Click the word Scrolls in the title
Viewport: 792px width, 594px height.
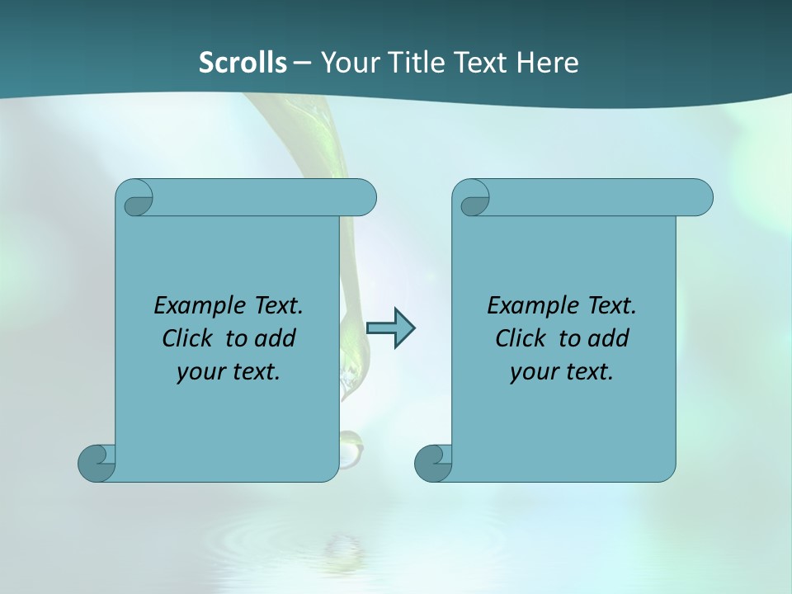pyautogui.click(x=243, y=63)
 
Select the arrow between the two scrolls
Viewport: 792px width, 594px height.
pyautogui.click(x=390, y=328)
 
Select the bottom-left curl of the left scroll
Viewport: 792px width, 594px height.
pyautogui.click(x=97, y=463)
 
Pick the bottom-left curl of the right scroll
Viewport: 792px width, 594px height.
pyautogui.click(x=433, y=463)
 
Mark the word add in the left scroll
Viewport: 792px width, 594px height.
pyautogui.click(x=276, y=338)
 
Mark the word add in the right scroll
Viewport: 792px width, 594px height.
pyautogui.click(x=609, y=338)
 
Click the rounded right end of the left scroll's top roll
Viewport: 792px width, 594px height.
pyautogui.click(x=363, y=198)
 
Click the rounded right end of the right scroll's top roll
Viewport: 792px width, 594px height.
pyautogui.click(x=700, y=198)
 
